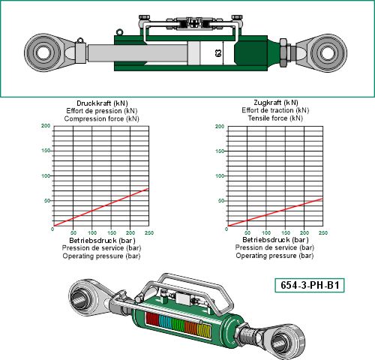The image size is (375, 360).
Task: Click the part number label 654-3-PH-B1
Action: [x=310, y=285]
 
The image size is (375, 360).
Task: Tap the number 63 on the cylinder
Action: [x=218, y=53]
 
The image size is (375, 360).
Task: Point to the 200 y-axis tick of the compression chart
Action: [x=46, y=126]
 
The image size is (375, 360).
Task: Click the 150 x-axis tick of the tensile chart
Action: [x=285, y=233]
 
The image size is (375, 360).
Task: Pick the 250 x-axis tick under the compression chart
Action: [x=149, y=233]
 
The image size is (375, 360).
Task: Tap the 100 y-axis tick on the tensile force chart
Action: [x=220, y=176]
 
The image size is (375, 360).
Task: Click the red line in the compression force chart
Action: [x=101, y=207]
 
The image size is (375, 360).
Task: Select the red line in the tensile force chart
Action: [x=275, y=212]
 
